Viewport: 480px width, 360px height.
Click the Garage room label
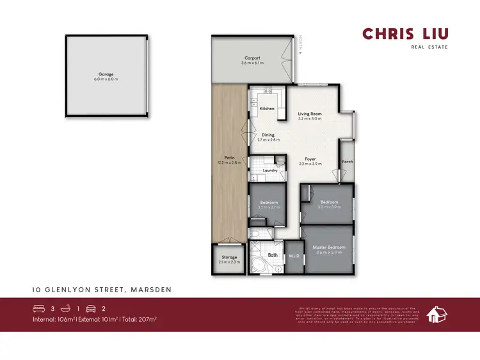[106, 74]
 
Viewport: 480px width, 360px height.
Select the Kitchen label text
[267, 109]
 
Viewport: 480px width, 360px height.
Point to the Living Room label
[310, 114]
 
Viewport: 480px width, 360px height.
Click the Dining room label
[268, 135]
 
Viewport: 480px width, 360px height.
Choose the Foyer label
[310, 159]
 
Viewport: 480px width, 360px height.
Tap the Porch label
[347, 161]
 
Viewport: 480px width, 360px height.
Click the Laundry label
[269, 171]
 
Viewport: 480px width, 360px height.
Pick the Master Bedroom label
[329, 247]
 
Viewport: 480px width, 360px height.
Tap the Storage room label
[229, 257]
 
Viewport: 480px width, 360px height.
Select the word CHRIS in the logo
[384, 34]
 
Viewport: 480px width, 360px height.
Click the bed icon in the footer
[40, 308]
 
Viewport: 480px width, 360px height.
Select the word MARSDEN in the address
[150, 290]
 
